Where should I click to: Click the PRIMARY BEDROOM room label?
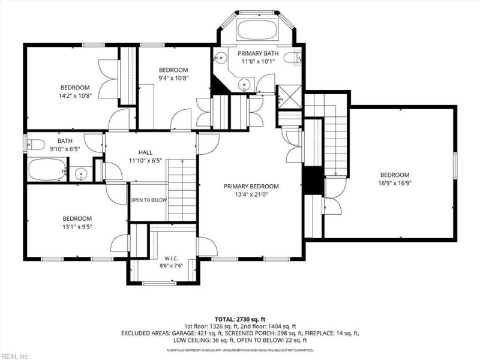pyautogui.click(x=251, y=186)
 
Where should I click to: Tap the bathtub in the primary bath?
pyautogui.click(x=257, y=29)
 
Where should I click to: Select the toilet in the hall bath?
pyautogui.click(x=36, y=145)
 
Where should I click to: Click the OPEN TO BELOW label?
pyautogui.click(x=149, y=200)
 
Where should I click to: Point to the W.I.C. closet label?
pyautogui.click(x=171, y=259)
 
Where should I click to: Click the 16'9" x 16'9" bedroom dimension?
pyautogui.click(x=395, y=184)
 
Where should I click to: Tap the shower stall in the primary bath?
pyautogui.click(x=289, y=97)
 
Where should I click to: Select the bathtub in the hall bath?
pyautogui.click(x=47, y=170)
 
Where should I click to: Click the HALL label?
pyautogui.click(x=145, y=152)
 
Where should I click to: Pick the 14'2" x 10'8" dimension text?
pyautogui.click(x=75, y=96)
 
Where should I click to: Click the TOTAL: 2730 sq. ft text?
pyautogui.click(x=240, y=320)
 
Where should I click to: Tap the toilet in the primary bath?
pyautogui.click(x=292, y=58)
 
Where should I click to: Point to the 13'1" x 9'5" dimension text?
pyautogui.click(x=77, y=227)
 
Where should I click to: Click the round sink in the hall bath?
pyautogui.click(x=81, y=174)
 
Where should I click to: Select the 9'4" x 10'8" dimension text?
pyautogui.click(x=173, y=78)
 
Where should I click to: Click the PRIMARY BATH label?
pyautogui.click(x=258, y=53)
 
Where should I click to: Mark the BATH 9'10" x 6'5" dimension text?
pyautogui.click(x=65, y=149)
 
